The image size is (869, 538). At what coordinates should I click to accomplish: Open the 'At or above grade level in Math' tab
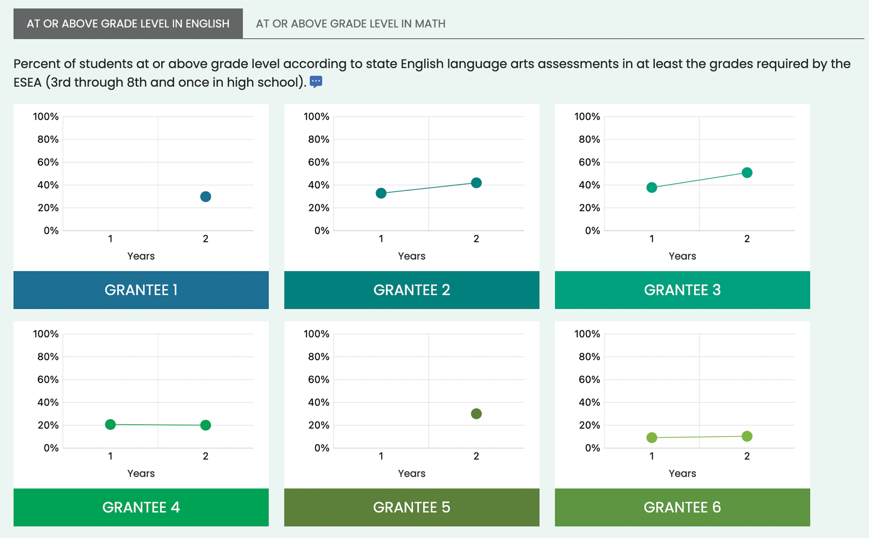pyautogui.click(x=350, y=24)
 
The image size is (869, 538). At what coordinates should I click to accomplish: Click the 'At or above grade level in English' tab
pyautogui.click(x=128, y=24)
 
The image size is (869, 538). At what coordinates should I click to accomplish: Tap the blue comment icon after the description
pyautogui.click(x=316, y=82)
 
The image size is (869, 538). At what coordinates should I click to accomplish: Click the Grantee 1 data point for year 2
pyautogui.click(x=206, y=196)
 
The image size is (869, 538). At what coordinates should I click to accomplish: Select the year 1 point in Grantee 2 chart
pyautogui.click(x=381, y=193)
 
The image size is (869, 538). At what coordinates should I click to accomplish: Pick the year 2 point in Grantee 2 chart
pyautogui.click(x=476, y=183)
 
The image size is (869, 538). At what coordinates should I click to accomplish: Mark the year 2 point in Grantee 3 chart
pyautogui.click(x=747, y=172)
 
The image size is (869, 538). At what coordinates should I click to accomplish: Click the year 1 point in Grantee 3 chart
pyautogui.click(x=652, y=187)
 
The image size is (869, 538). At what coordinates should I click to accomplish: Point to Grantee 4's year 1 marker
pyautogui.click(x=110, y=424)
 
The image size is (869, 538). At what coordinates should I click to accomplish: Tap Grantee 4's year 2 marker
pyautogui.click(x=206, y=425)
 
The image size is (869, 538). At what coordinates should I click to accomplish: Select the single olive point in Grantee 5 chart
pyautogui.click(x=476, y=414)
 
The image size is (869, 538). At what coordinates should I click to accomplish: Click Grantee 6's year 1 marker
pyautogui.click(x=652, y=438)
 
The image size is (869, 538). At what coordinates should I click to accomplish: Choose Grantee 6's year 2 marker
pyautogui.click(x=747, y=436)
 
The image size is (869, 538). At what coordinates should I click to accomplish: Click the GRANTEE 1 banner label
pyautogui.click(x=141, y=290)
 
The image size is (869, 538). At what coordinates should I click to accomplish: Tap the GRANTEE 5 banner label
pyautogui.click(x=411, y=507)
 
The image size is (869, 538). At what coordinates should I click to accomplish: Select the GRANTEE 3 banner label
pyautogui.click(x=682, y=290)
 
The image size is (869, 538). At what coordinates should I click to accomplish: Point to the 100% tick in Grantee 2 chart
pyautogui.click(x=316, y=117)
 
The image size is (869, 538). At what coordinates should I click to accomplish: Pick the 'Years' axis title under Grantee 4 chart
pyautogui.click(x=141, y=473)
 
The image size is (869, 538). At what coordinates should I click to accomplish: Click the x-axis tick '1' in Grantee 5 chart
pyautogui.click(x=381, y=456)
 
